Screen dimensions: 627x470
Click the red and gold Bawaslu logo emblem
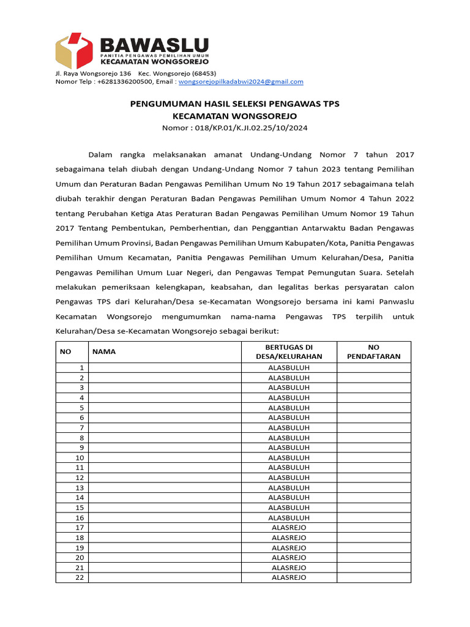(74, 51)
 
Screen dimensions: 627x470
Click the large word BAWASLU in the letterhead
(154, 45)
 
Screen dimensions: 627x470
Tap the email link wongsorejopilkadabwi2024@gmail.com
(241, 81)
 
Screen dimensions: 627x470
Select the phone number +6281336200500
(122, 81)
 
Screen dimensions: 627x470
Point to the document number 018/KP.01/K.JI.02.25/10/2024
(251, 127)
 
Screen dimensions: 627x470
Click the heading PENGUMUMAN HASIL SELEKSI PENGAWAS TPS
(234, 104)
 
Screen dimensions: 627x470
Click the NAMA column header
(104, 351)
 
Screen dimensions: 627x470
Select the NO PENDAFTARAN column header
(373, 351)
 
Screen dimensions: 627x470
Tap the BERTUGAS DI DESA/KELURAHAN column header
(289, 351)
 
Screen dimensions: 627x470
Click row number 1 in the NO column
(80, 367)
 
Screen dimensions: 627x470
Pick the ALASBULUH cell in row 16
(289, 517)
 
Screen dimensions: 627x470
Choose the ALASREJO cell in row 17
(289, 527)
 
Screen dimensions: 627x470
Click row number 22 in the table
(79, 577)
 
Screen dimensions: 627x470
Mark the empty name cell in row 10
(165, 457)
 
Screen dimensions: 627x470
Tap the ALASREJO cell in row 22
(289, 577)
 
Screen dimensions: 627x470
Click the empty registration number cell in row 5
(373, 407)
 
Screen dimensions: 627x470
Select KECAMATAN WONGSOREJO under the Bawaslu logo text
(154, 62)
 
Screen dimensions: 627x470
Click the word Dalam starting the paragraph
(101, 155)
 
